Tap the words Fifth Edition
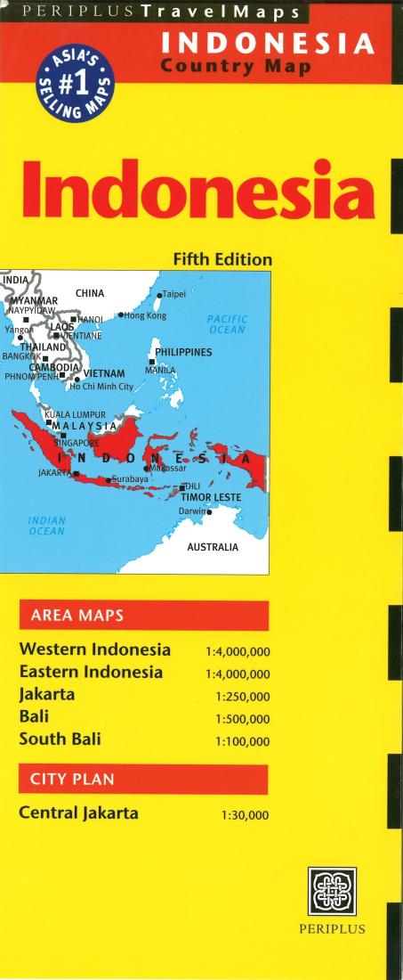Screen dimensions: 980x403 [x=222, y=260]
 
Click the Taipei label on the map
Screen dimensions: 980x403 [x=173, y=293]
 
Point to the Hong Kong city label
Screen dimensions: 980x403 [x=145, y=315]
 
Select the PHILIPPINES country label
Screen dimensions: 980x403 [x=183, y=352]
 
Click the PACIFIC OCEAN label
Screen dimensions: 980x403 [x=227, y=323]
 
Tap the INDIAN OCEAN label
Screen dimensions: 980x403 [x=46, y=526]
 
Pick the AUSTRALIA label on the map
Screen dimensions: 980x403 [x=212, y=547]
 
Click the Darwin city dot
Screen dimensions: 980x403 [x=210, y=512]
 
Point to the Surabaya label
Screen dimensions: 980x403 [x=130, y=479]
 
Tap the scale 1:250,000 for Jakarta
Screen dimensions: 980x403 [x=242, y=696]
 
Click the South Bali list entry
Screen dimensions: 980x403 [x=60, y=739]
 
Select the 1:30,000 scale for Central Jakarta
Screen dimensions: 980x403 [x=245, y=815]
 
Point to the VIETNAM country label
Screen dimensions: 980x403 [x=111, y=372]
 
